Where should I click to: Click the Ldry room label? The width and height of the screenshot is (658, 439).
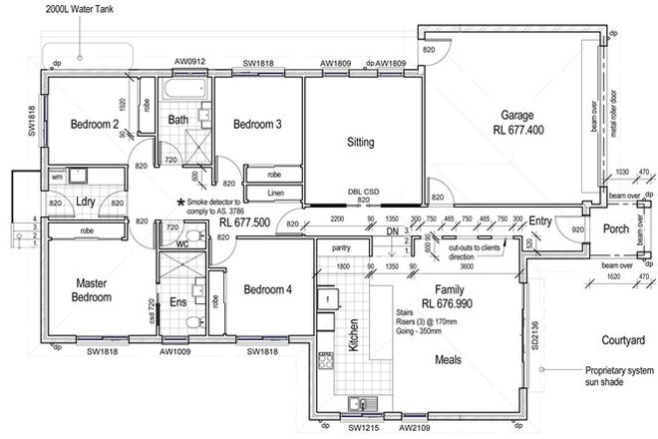click(x=85, y=203)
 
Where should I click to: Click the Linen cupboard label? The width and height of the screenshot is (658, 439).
click(x=276, y=193)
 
